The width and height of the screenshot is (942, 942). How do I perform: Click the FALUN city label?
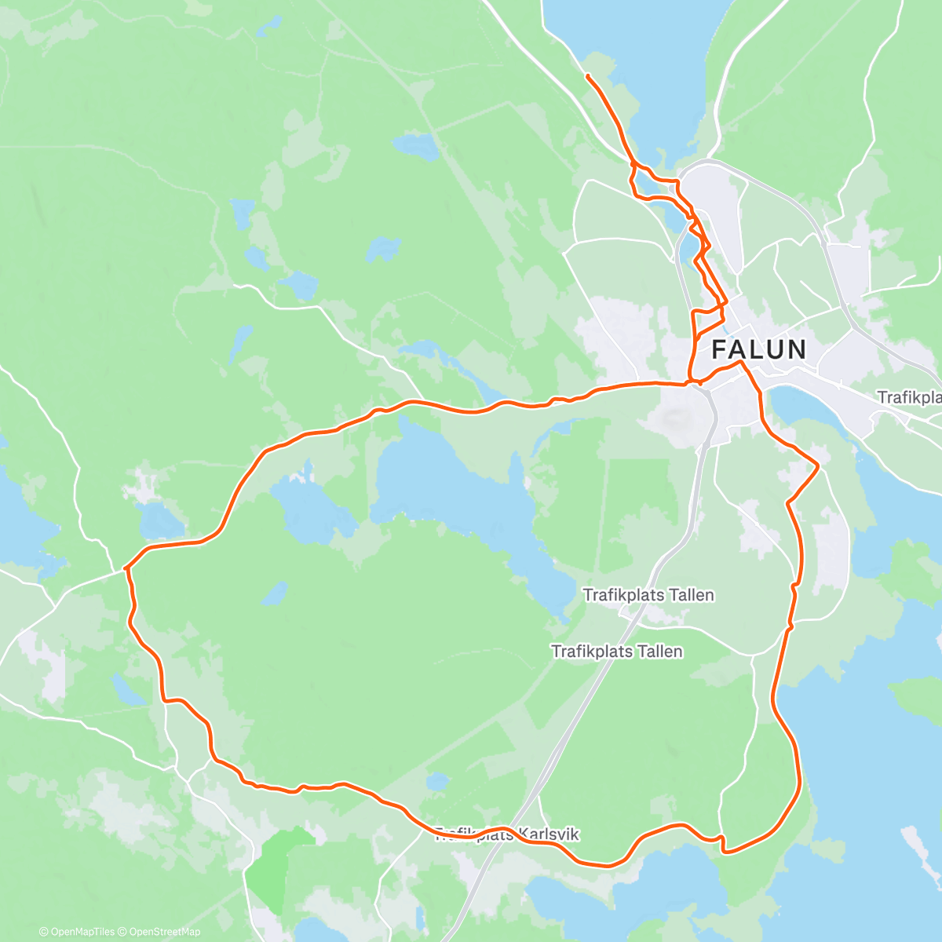(x=758, y=349)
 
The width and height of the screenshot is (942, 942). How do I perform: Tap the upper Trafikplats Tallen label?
(x=648, y=595)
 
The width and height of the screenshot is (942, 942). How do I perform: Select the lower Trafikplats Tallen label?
(x=617, y=651)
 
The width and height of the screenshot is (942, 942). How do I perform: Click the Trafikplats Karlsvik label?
(x=507, y=834)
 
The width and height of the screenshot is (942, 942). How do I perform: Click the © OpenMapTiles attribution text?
(x=78, y=932)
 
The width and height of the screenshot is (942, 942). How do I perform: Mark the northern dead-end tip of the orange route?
(x=587, y=75)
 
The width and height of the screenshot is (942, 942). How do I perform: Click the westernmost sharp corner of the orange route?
(x=126, y=568)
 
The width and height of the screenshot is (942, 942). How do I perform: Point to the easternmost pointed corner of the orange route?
(x=818, y=466)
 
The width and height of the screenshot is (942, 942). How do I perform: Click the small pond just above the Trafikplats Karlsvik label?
(x=437, y=781)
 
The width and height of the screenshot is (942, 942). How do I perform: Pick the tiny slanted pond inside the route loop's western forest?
(x=274, y=593)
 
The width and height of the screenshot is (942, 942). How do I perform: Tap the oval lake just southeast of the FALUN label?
(x=804, y=408)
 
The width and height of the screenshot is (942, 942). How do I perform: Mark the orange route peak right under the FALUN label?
(x=739, y=363)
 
